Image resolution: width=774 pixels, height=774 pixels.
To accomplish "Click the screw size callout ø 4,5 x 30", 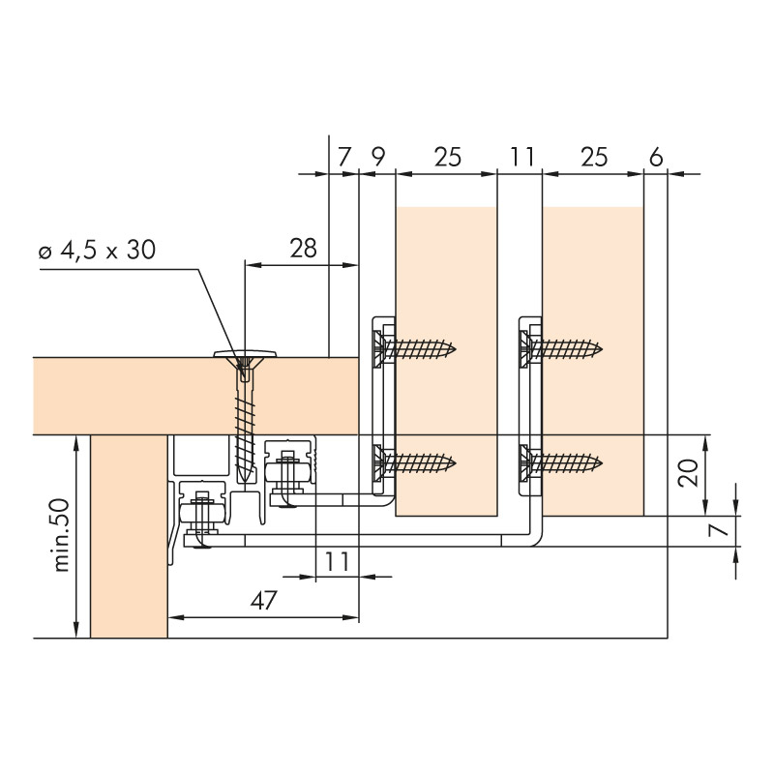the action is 98,250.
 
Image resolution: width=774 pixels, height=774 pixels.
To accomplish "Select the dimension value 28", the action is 303,248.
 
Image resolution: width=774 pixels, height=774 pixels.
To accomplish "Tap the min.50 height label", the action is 62,535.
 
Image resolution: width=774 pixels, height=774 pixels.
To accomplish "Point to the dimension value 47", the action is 264,601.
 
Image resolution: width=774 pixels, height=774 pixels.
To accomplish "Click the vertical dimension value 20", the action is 688,473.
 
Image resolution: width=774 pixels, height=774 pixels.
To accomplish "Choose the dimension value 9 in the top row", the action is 377,157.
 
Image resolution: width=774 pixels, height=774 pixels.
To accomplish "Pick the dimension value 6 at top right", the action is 656,157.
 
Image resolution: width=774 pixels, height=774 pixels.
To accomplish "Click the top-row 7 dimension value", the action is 344,157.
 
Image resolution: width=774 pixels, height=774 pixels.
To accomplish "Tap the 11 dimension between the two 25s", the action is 521,157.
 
